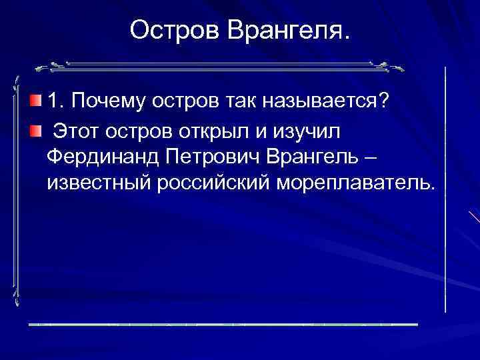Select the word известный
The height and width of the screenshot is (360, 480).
[x=99, y=183]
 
